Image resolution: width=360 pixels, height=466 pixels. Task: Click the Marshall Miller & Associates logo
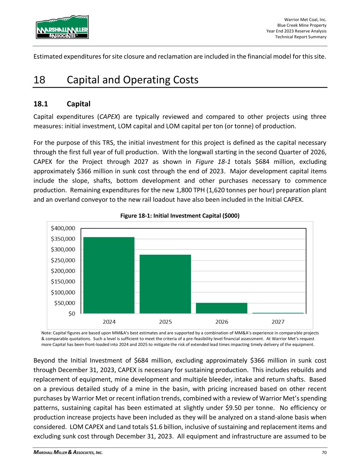62,27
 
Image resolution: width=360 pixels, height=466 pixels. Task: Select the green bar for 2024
109,275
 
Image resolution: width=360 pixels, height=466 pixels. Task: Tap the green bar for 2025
165,284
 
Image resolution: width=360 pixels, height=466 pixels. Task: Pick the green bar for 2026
221,308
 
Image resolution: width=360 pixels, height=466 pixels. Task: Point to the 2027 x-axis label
278,322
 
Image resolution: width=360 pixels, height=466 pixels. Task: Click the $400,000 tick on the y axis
63,228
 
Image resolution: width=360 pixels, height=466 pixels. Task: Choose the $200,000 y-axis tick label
63,271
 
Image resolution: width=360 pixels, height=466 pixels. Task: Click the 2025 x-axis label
165,322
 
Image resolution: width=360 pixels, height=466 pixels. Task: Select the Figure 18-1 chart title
179,216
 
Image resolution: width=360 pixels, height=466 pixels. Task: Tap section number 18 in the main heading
39,80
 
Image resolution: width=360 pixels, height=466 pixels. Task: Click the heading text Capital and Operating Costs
133,80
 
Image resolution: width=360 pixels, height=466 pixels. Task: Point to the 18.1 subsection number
41,103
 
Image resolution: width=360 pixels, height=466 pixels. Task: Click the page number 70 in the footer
323,453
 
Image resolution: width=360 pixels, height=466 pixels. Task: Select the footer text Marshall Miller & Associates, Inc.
68,453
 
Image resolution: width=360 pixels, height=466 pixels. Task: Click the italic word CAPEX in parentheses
108,117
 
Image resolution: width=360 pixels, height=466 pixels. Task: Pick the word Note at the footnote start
46,332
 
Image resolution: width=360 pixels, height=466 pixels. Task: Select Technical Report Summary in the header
301,37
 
